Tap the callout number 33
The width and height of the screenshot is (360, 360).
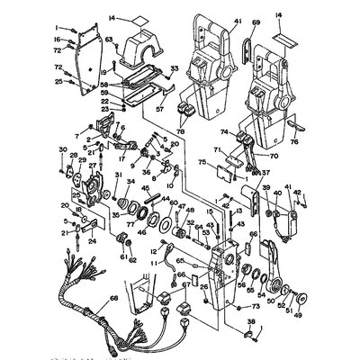[175, 68]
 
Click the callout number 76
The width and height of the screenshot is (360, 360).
[321, 141]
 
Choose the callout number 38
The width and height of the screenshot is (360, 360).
[253, 321]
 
